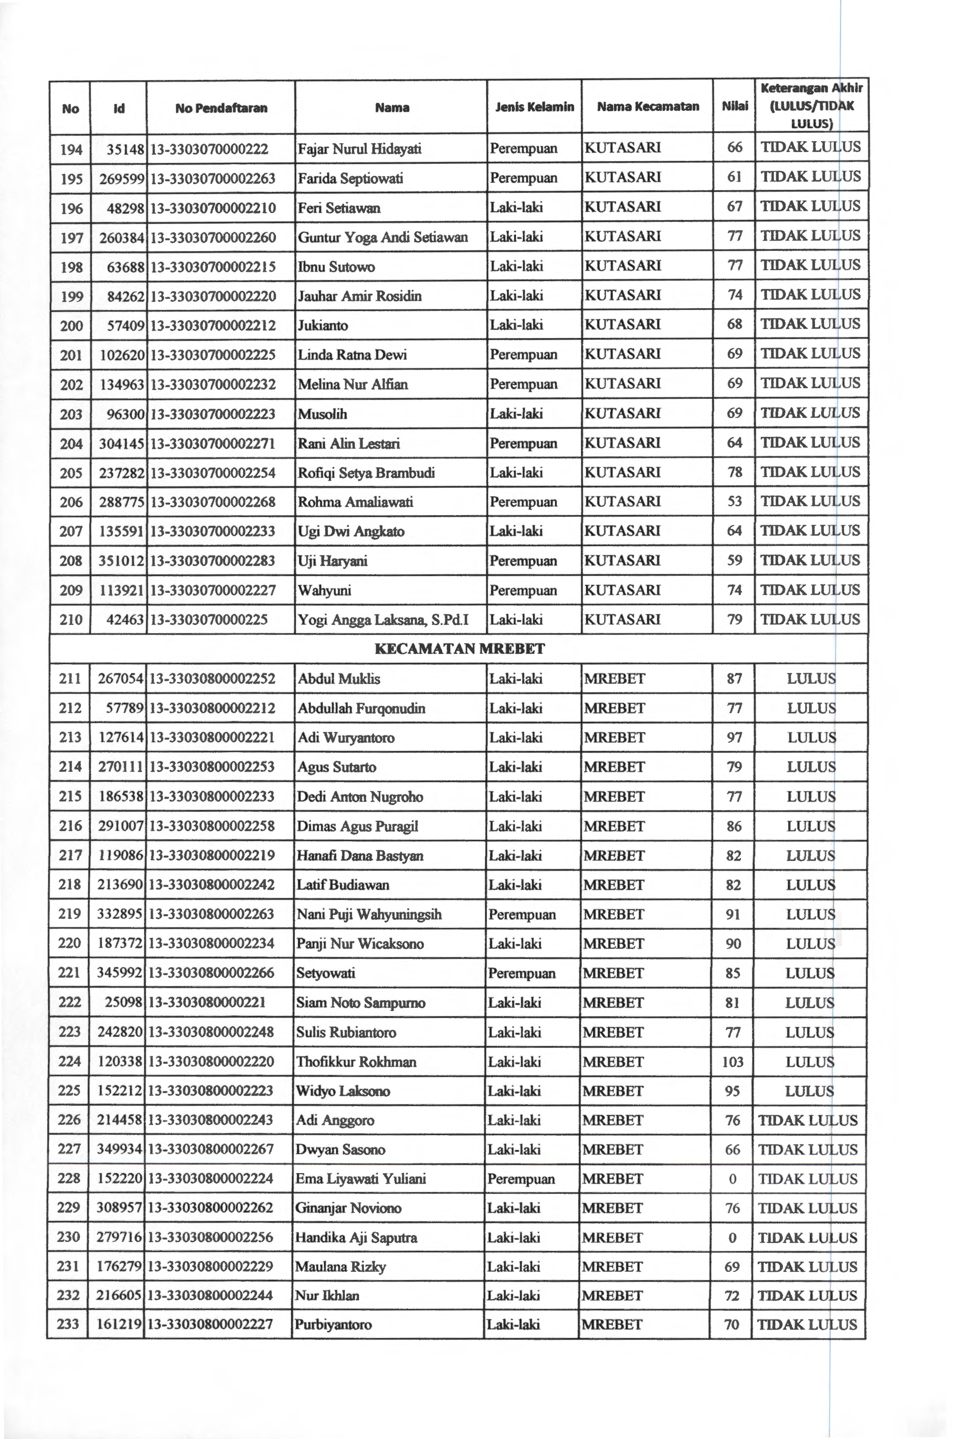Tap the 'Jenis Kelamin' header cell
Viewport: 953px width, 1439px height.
[534, 107]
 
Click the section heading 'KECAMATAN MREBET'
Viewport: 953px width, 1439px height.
[459, 649]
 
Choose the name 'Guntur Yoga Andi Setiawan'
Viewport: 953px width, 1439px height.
[383, 237]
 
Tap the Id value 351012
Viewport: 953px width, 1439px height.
[121, 561]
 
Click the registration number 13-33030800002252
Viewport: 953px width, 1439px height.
[212, 679]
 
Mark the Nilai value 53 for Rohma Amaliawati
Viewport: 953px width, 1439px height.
[735, 502]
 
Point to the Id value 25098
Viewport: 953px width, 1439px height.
[124, 1003]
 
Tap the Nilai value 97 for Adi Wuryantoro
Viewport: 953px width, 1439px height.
[734, 738]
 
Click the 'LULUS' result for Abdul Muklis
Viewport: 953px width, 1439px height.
[811, 679]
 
